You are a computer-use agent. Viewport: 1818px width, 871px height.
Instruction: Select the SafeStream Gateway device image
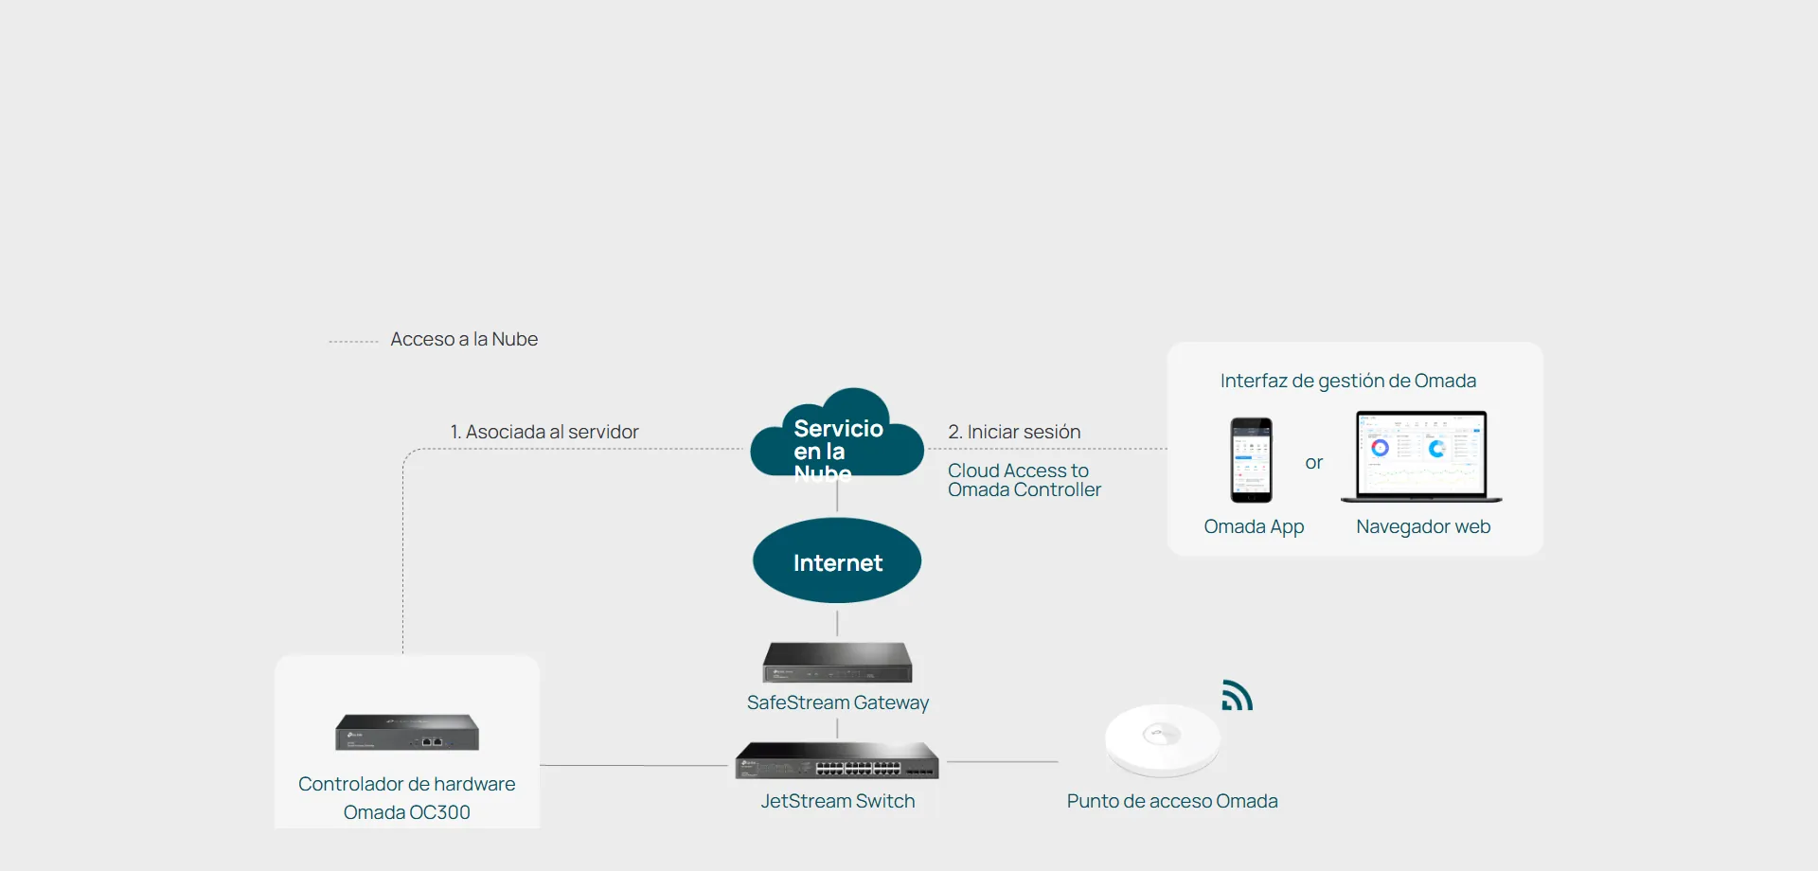[838, 662]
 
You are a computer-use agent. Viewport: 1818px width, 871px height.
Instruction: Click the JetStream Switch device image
[837, 760]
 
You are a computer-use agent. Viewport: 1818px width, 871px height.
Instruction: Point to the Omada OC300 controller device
[407, 732]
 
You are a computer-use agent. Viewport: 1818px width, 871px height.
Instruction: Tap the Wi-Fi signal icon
[1237, 696]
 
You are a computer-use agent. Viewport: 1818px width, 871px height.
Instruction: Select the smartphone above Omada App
[1251, 460]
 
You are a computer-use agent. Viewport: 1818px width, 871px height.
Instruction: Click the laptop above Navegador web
[1421, 456]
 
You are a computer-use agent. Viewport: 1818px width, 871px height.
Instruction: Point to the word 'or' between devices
[1313, 463]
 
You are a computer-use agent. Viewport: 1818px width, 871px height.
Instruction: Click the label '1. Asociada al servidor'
[544, 432]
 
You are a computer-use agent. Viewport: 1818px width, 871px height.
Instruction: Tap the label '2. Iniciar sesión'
[1014, 432]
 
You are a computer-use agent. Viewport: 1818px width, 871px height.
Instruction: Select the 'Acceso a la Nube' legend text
[464, 339]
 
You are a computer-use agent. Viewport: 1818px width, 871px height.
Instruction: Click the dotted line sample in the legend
[353, 341]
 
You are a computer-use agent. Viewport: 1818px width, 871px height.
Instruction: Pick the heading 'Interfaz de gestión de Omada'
[1348, 381]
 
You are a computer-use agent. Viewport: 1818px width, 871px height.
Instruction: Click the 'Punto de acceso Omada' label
[1172, 801]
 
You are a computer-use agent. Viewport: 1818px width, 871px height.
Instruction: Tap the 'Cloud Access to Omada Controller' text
[1025, 480]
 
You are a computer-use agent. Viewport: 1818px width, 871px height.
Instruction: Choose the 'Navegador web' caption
[1423, 526]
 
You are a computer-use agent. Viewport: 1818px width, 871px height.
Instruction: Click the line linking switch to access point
[1003, 761]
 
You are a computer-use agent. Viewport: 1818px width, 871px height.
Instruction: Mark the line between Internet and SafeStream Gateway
[837, 623]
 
